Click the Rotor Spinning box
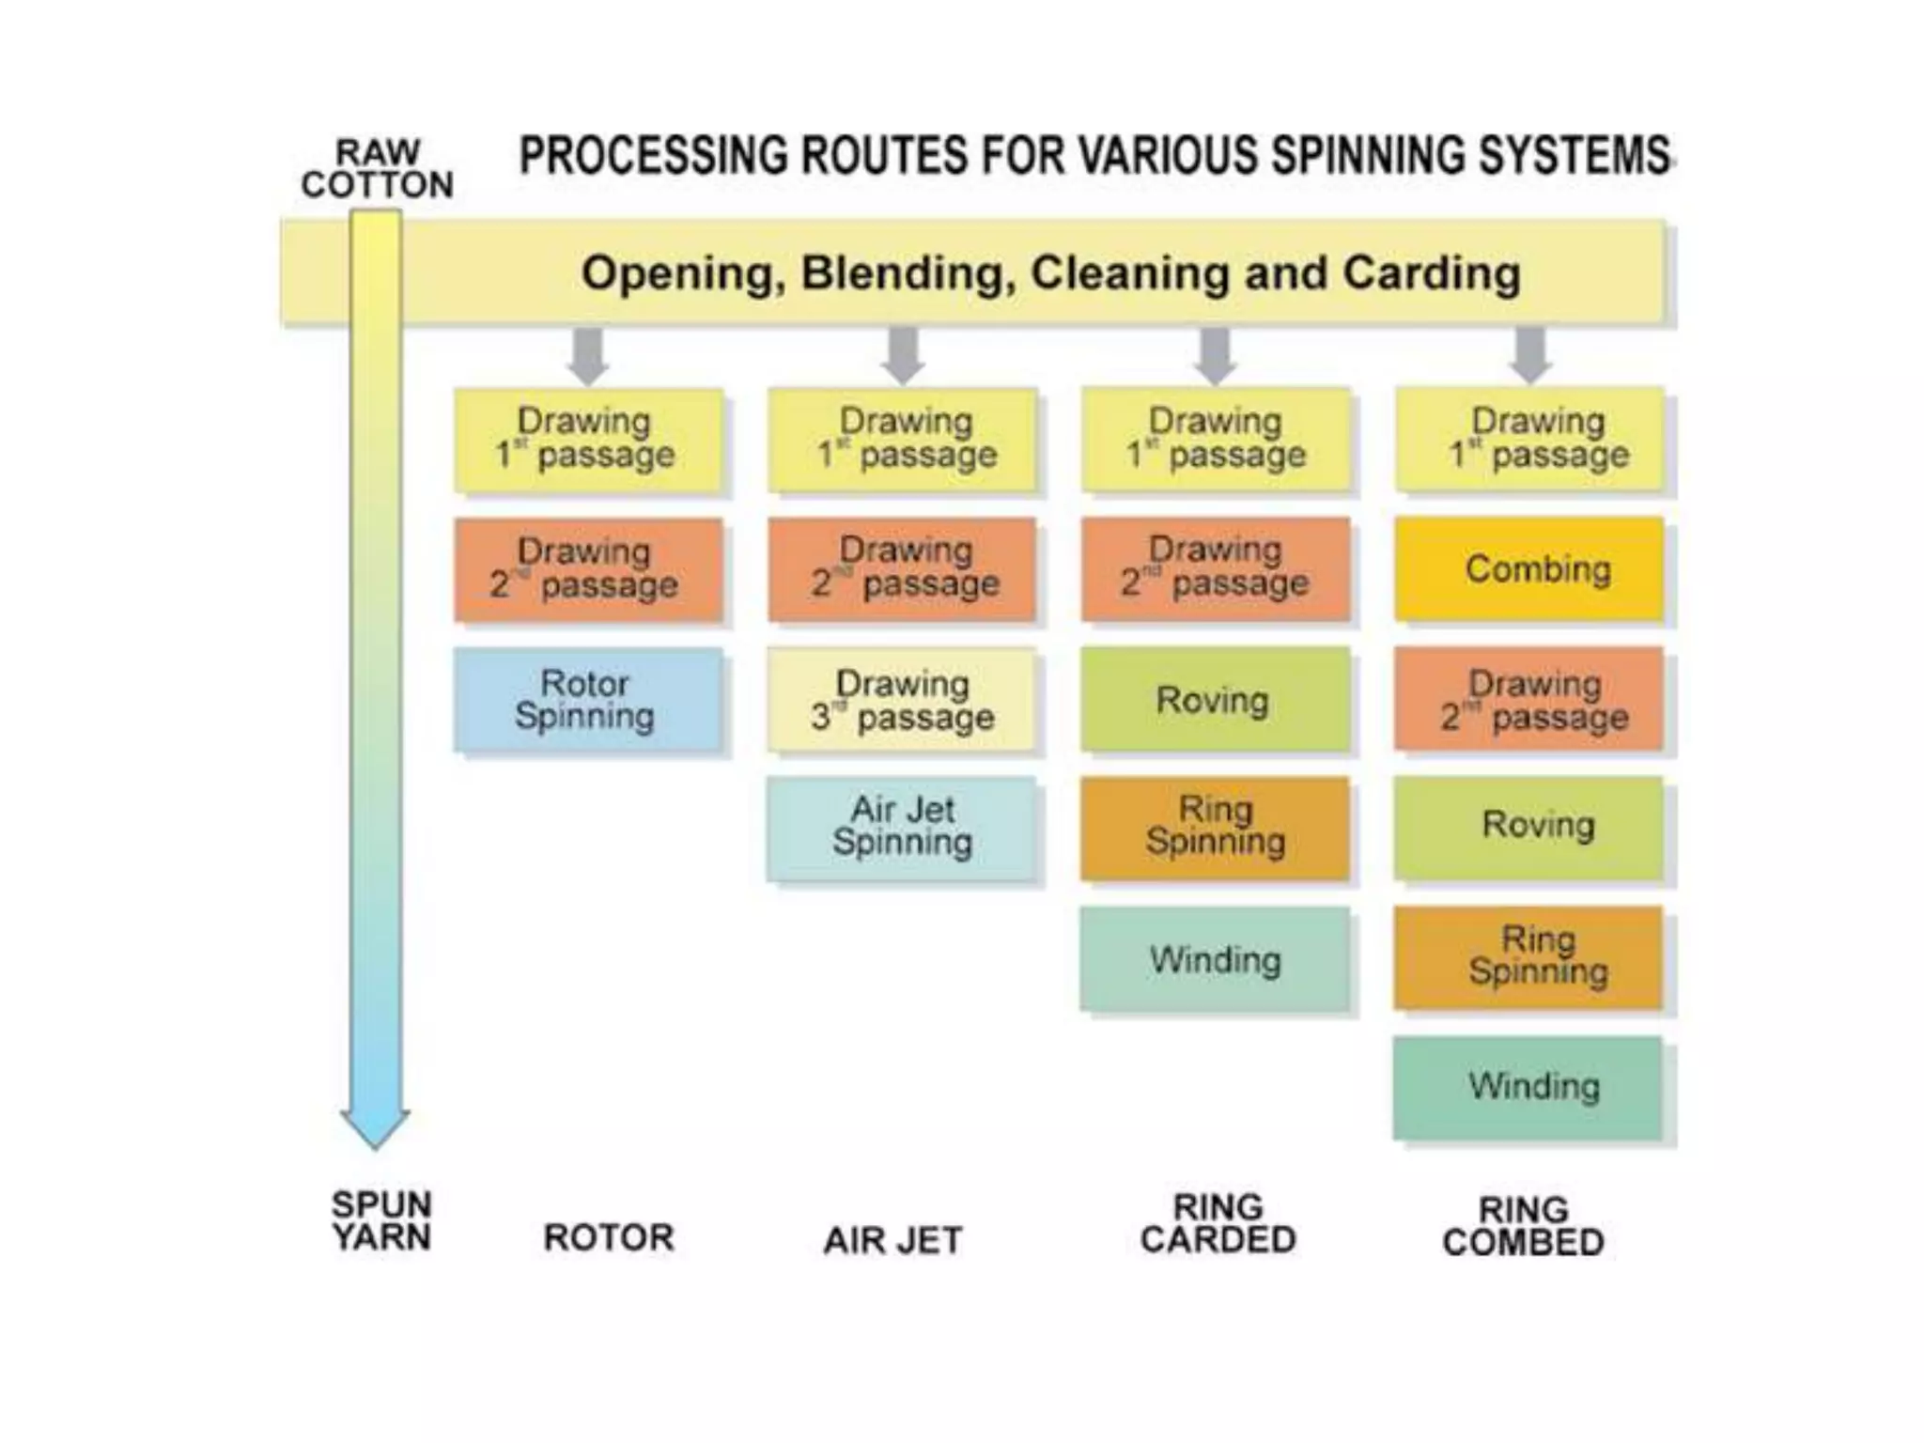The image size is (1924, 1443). (x=587, y=700)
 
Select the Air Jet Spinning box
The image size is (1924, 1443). (x=902, y=828)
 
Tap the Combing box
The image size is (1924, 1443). (x=1528, y=569)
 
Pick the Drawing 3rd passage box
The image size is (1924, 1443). (x=902, y=700)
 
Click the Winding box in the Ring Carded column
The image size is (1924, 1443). (x=1215, y=959)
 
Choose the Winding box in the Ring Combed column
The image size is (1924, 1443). (x=1528, y=1087)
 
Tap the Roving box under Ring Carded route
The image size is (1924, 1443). (x=1215, y=700)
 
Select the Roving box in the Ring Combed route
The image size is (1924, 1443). (x=1528, y=826)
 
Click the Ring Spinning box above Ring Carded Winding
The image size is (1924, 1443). (x=1215, y=828)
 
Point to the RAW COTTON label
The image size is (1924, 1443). (x=378, y=169)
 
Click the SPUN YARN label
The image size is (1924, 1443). (x=381, y=1220)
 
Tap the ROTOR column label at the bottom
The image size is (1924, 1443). (x=609, y=1237)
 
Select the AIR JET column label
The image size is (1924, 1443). (x=892, y=1240)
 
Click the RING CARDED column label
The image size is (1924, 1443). (x=1218, y=1223)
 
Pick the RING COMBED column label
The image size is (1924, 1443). (x=1523, y=1225)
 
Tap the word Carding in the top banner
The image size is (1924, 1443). (x=1431, y=273)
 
